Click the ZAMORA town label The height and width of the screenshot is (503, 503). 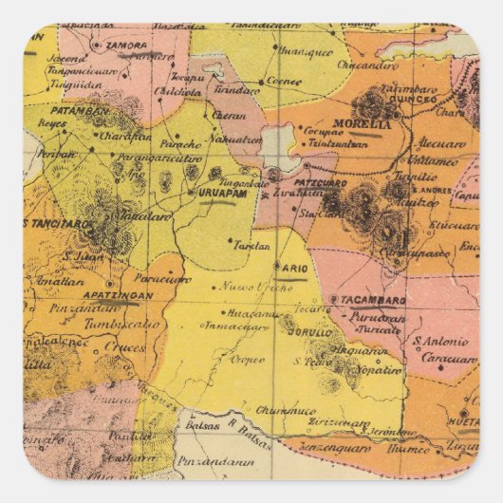tap(126, 45)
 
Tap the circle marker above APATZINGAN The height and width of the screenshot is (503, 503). tap(111, 283)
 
